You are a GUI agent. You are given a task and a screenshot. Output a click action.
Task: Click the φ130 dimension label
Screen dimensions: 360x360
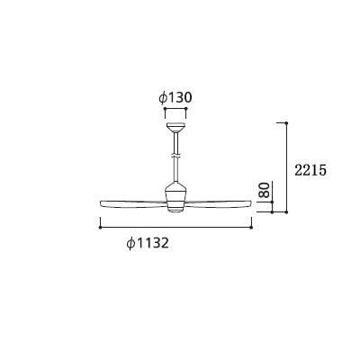pyautogui.click(x=175, y=97)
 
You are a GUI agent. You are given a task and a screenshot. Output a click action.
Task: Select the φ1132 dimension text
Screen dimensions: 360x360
pyautogui.click(x=148, y=243)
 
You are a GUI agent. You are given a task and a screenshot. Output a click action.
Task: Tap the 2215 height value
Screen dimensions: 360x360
pyautogui.click(x=310, y=171)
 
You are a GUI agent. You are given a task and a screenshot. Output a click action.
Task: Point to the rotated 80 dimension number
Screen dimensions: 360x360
pyautogui.click(x=265, y=190)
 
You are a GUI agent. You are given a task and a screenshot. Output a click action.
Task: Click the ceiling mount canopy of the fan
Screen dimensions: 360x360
pyautogui.click(x=175, y=128)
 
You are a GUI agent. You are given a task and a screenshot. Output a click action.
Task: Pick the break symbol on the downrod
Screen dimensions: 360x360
pyautogui.click(x=175, y=157)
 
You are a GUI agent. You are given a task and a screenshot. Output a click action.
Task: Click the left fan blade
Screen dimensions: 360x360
pyautogui.click(x=133, y=203)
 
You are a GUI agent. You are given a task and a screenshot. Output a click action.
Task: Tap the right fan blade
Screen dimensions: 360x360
pyautogui.click(x=219, y=203)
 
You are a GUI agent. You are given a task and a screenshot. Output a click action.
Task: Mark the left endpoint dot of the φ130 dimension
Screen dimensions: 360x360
pyautogui.click(x=165, y=108)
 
